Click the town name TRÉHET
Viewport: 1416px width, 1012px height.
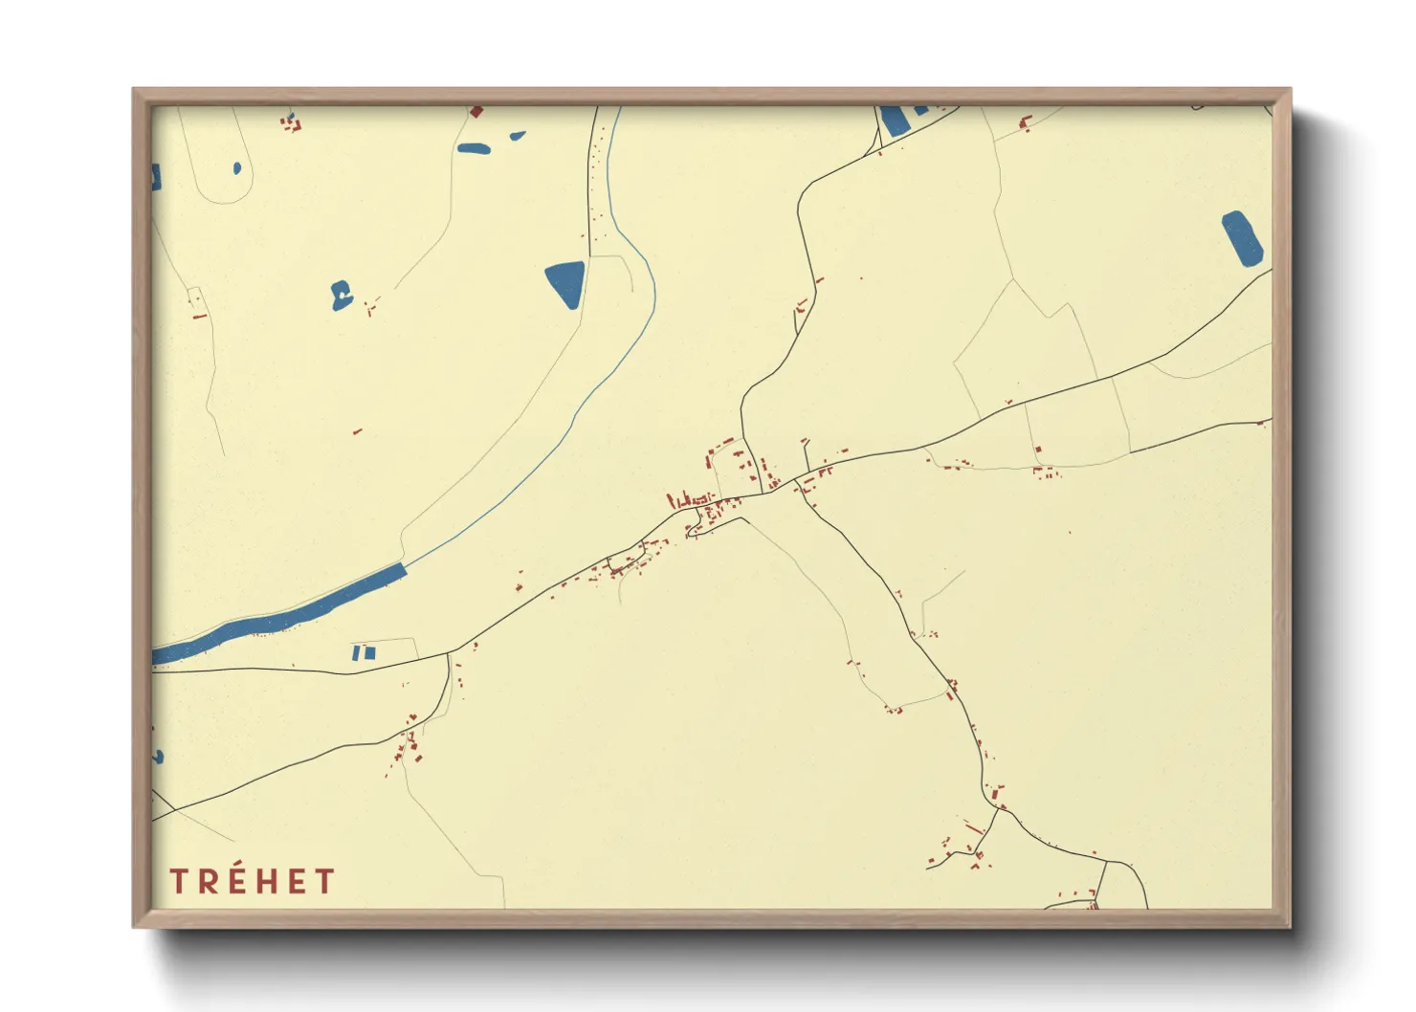click(252, 881)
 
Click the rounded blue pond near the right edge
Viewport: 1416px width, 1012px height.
click(1242, 238)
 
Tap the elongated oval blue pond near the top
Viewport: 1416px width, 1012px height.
click(474, 148)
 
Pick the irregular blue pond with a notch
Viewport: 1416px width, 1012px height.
click(341, 296)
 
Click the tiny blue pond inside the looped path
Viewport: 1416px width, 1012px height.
click(237, 169)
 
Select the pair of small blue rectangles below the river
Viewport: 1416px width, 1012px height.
click(364, 653)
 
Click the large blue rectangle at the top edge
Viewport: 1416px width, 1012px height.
click(894, 121)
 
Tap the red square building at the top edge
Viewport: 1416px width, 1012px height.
click(476, 112)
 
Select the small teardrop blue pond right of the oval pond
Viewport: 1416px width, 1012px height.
click(518, 136)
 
